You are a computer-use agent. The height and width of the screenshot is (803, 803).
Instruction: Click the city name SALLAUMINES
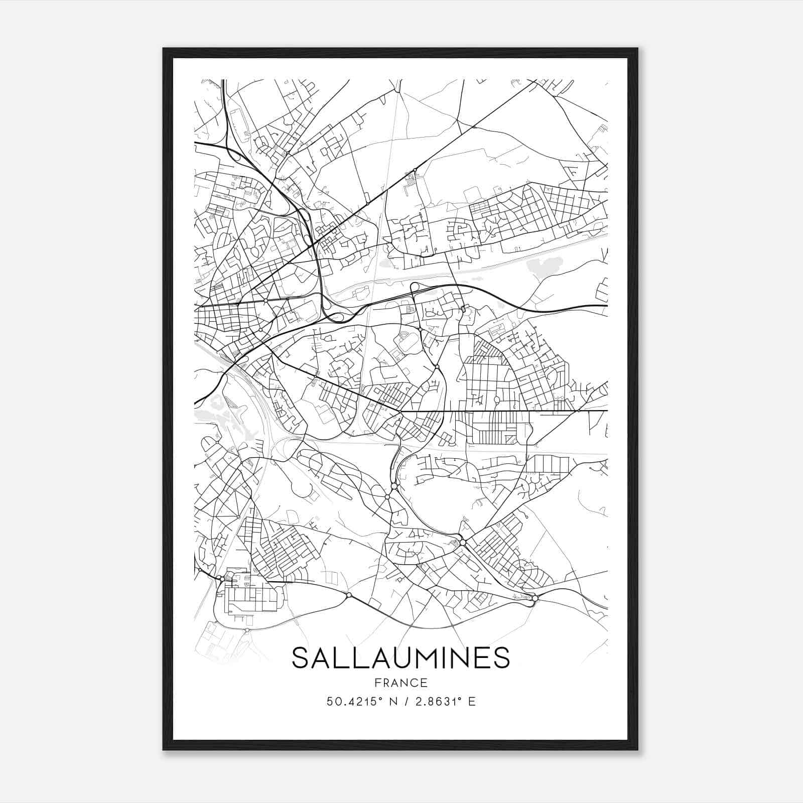tap(400, 658)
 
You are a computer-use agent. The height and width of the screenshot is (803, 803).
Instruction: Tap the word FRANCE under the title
tap(400, 683)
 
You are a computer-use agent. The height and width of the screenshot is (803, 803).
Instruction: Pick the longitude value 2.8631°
tap(435, 702)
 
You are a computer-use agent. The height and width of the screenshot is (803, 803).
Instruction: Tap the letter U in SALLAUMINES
tap(394, 658)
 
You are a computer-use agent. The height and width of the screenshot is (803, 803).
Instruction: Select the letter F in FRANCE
tap(376, 683)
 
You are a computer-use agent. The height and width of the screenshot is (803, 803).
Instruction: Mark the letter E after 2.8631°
tap(471, 702)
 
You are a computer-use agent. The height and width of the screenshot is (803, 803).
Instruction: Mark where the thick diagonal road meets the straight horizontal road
tap(400, 411)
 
